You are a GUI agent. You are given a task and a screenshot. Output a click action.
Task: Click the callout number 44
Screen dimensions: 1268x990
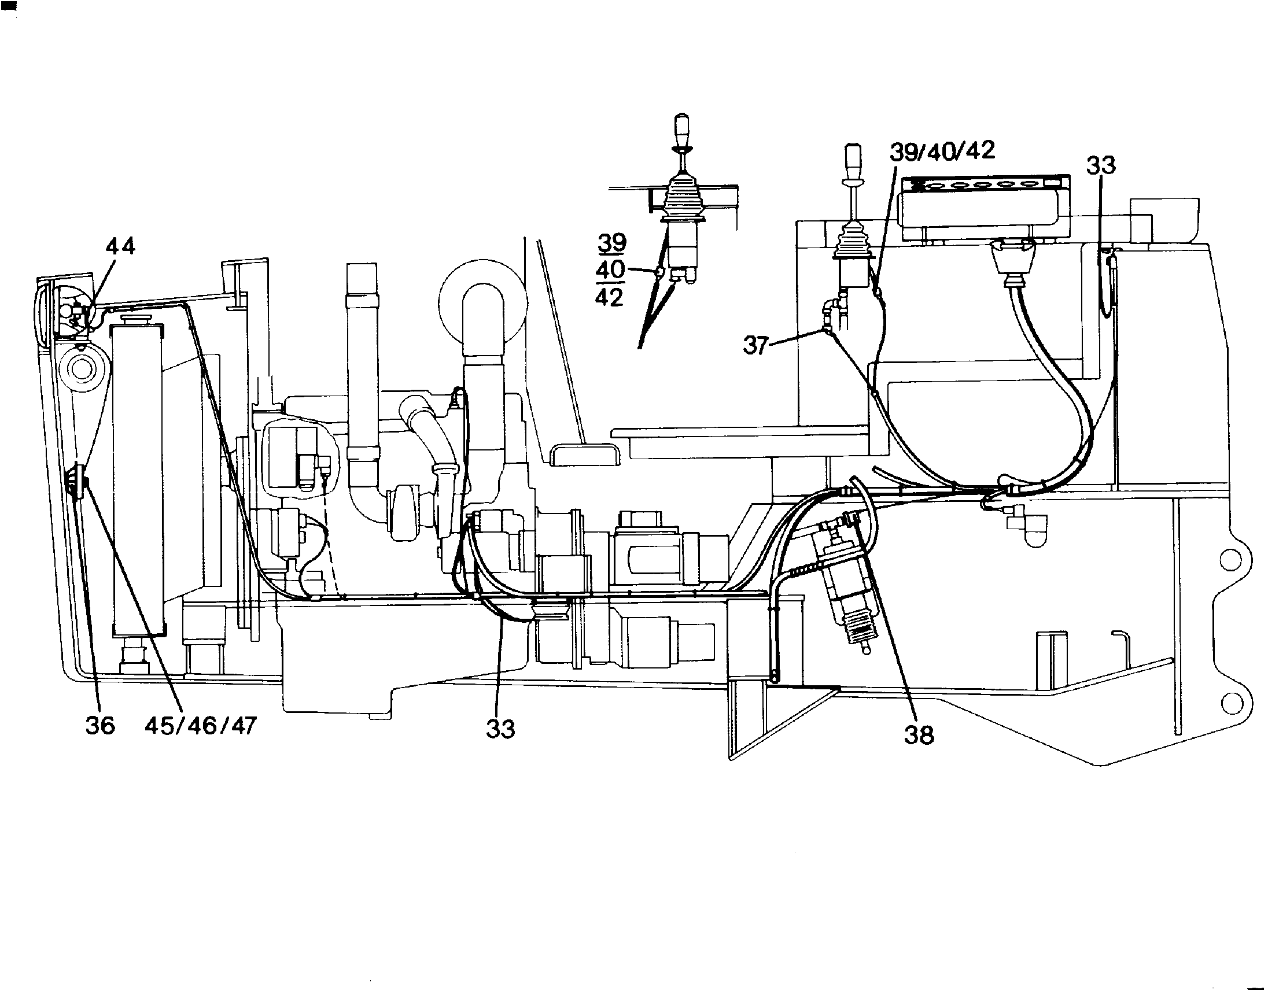pyautogui.click(x=120, y=246)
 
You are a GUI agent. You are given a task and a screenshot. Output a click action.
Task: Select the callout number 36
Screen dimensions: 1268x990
pyautogui.click(x=100, y=726)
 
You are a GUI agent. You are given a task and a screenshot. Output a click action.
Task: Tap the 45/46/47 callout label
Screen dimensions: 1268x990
pyautogui.click(x=200, y=726)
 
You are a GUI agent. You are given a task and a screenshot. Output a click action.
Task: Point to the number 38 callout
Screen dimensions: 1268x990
pyautogui.click(x=919, y=734)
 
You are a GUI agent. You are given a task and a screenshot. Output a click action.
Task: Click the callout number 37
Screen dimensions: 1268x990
pyautogui.click(x=755, y=346)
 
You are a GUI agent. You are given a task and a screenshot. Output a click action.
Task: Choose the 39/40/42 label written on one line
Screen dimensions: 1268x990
pyautogui.click(x=942, y=151)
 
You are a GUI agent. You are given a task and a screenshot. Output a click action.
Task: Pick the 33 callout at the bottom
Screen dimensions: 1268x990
pyautogui.click(x=500, y=729)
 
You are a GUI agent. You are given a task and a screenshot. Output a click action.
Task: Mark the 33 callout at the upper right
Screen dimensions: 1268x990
pyautogui.click(x=1101, y=166)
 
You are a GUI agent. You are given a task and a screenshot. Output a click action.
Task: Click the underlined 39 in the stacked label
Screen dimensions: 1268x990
pyautogui.click(x=611, y=242)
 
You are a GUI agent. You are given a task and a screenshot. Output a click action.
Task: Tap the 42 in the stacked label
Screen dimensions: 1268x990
pyautogui.click(x=609, y=297)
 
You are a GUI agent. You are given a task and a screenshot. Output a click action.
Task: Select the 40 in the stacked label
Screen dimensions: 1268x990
pyautogui.click(x=610, y=270)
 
